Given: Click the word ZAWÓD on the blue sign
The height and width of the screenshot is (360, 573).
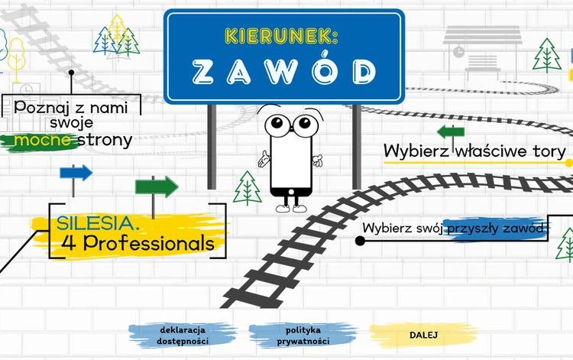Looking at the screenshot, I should click(283, 71).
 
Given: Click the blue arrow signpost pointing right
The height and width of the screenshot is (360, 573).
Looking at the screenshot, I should click(76, 173).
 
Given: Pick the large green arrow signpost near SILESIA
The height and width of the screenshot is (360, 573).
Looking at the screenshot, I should click(156, 186).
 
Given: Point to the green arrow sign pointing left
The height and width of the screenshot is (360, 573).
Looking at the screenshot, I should click(450, 131).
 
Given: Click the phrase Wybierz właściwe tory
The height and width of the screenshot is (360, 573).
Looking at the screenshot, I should click(474, 151).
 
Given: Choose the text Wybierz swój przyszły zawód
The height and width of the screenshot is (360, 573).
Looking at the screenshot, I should click(455, 228).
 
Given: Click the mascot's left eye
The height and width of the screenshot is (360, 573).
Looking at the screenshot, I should click(277, 124).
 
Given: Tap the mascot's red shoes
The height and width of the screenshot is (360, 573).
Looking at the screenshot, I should click(290, 206).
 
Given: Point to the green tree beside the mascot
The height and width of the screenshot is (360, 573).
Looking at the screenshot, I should click(247, 186).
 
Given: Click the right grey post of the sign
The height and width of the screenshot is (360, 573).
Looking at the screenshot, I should click(356, 145).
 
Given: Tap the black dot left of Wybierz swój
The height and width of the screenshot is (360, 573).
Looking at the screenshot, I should click(360, 240).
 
